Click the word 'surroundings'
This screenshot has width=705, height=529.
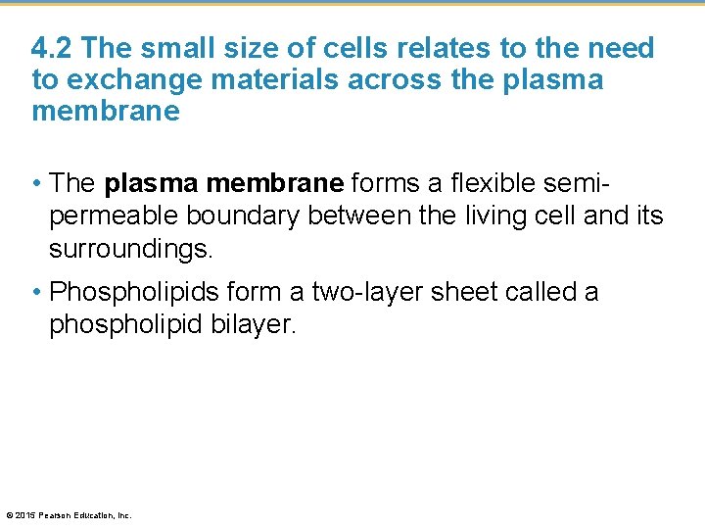129,248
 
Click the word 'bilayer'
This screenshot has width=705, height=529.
253,324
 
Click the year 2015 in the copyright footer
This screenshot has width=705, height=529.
26,515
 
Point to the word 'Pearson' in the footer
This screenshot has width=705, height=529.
57,515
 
